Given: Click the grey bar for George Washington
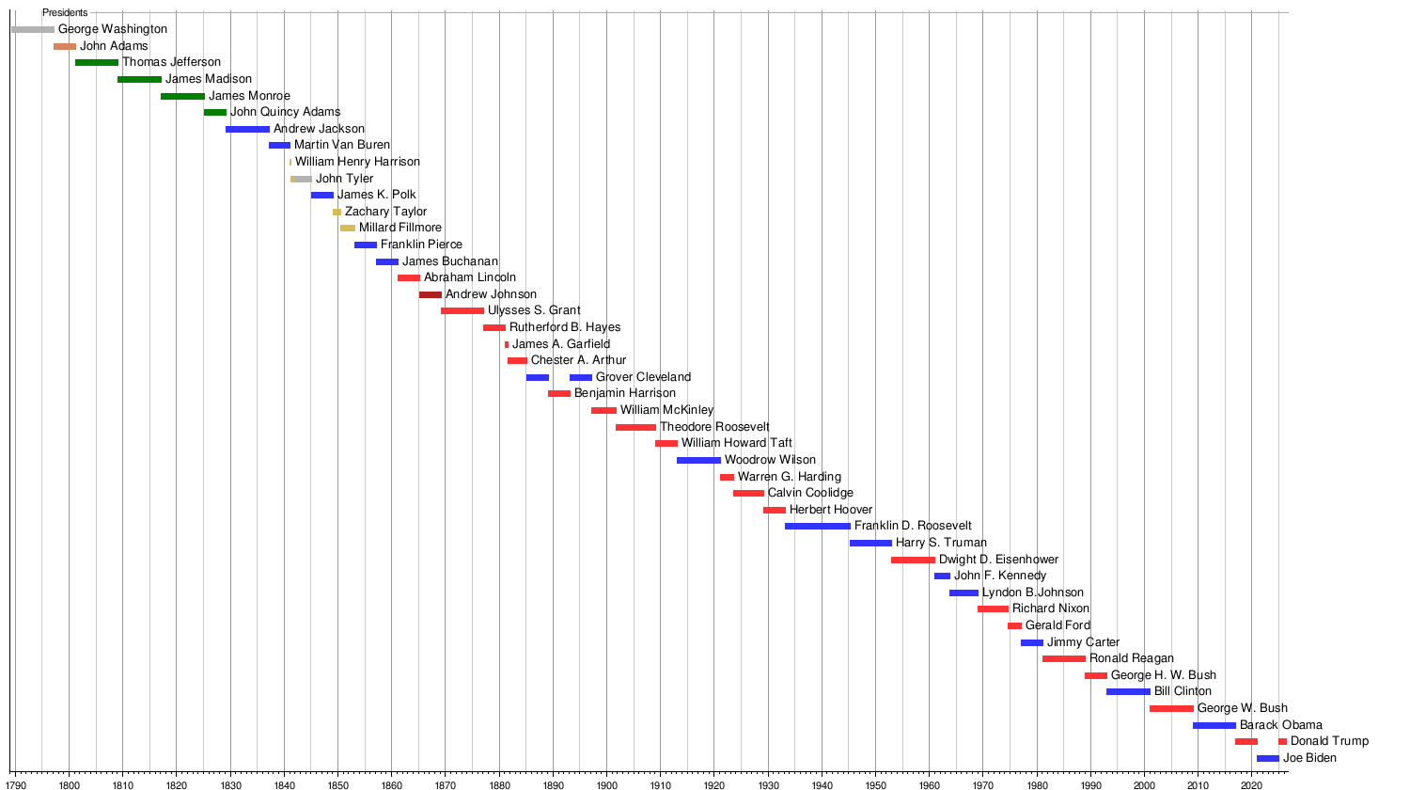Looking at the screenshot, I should pyautogui.click(x=33, y=29).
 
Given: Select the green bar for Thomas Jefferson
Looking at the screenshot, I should pyautogui.click(x=97, y=62).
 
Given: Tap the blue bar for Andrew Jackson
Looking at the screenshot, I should pyautogui.click(x=247, y=129).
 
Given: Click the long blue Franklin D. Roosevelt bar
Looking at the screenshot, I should pyautogui.click(x=817, y=526).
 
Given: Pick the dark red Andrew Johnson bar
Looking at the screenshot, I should pyautogui.click(x=431, y=294).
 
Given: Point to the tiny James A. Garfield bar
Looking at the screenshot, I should pyautogui.click(x=507, y=344).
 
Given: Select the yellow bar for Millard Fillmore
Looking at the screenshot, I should pyautogui.click(x=348, y=228).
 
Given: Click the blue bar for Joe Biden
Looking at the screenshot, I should pyautogui.click(x=1268, y=758).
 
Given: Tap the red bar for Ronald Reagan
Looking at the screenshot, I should pyautogui.click(x=1064, y=658).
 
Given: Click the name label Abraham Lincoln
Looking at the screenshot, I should pyautogui.click(x=469, y=277).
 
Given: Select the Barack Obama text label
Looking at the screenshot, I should pyautogui.click(x=1280, y=725).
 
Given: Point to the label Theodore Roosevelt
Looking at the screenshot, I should pyautogui.click(x=714, y=427).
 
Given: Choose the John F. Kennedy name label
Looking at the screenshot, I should pyautogui.click(x=1000, y=576).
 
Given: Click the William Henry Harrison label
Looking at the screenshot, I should pyautogui.click(x=357, y=162).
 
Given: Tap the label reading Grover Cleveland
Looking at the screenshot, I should pyautogui.click(x=643, y=377).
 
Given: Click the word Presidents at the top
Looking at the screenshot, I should pyautogui.click(x=65, y=13).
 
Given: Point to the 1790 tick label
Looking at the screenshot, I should pyautogui.click(x=15, y=784).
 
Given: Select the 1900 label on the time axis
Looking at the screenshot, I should pyautogui.click(x=606, y=784).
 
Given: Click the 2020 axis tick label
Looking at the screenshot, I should pyautogui.click(x=1251, y=784).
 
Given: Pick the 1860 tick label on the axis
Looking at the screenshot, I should pyautogui.click(x=391, y=784).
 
